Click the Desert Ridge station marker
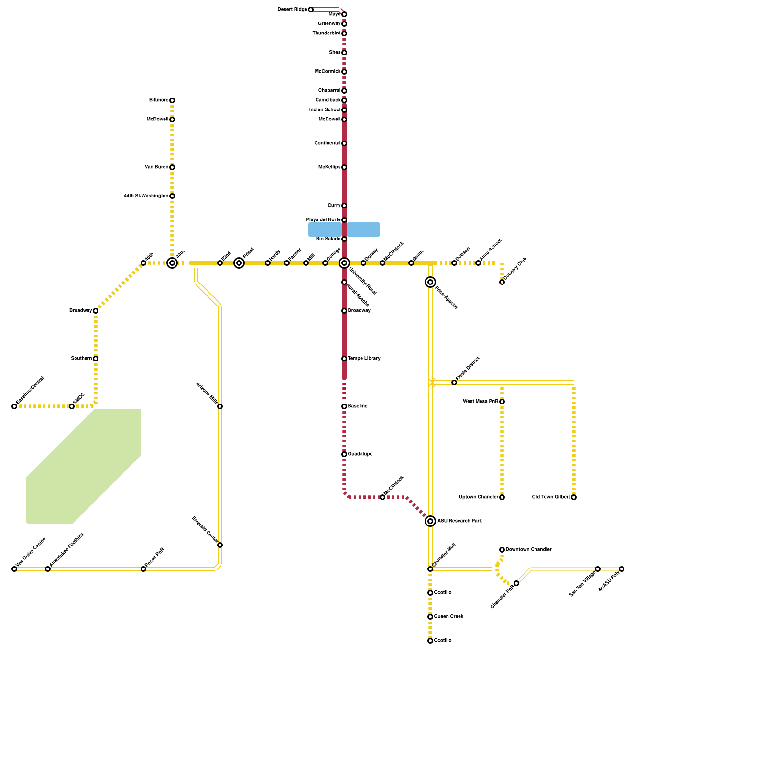311,10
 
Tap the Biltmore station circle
172,100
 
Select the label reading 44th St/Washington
146,196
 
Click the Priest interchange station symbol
239,263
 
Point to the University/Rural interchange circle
344,263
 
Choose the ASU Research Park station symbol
430,521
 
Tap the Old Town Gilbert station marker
574,497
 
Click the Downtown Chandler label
528,550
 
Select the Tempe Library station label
364,359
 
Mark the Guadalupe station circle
344,454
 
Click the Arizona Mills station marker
220,406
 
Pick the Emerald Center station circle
220,545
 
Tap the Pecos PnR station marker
143,569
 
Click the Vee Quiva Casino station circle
14,569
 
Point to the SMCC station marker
72,406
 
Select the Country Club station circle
502,282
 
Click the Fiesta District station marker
454,382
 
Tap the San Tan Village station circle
598,569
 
